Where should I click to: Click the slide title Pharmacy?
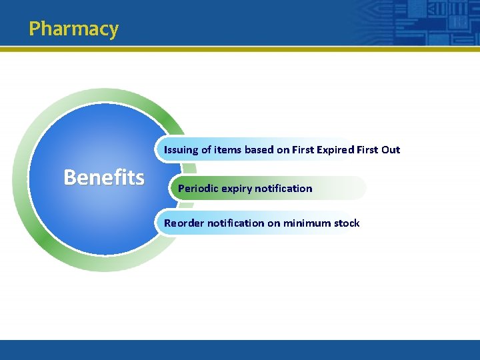pos(73,29)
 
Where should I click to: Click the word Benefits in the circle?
pos(103,177)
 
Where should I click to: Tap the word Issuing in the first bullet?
pos(181,150)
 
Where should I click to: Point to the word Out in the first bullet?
pos(391,150)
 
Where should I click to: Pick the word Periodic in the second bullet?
pos(198,189)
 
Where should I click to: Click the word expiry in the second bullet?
pos(237,189)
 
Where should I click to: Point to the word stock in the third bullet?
pos(347,223)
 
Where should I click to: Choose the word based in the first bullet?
pos(259,150)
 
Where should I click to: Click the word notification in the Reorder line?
pos(235,223)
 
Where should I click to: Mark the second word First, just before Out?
pos(367,150)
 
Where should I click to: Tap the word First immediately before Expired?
pos(304,150)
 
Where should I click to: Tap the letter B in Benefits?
pos(70,177)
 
